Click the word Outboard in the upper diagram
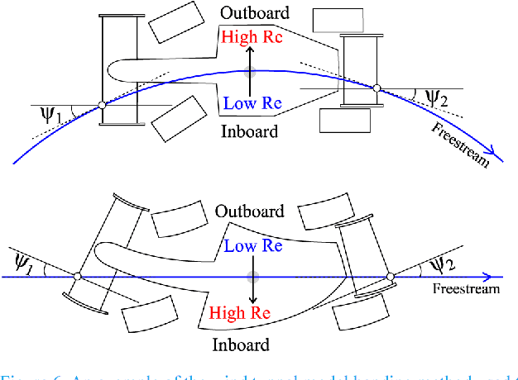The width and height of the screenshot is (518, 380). point(254,14)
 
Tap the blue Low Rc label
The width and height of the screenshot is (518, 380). point(253,103)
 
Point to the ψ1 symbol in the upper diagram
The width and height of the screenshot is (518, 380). point(51,112)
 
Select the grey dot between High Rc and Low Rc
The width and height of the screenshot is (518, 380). point(253,71)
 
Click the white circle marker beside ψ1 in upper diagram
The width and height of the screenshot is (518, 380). point(101,104)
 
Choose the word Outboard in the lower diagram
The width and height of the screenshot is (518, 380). point(250,211)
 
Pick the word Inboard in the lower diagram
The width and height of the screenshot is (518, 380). point(242,344)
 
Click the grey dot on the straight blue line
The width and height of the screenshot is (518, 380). point(252,277)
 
